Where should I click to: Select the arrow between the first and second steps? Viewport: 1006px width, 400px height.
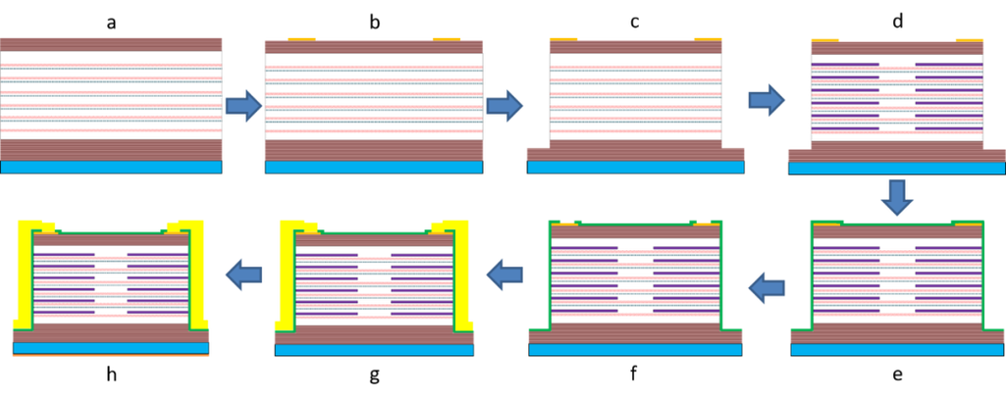coord(243,105)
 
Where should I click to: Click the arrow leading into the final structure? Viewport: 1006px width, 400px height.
coord(242,275)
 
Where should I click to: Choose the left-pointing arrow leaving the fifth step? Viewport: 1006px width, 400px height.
coord(766,287)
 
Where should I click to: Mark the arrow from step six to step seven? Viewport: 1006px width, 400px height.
coord(504,275)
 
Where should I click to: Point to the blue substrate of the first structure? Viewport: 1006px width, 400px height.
coord(111,168)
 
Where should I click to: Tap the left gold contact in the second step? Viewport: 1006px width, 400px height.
coord(301,37)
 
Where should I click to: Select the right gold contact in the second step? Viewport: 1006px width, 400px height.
coord(447,37)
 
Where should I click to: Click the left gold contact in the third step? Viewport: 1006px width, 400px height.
coord(564,37)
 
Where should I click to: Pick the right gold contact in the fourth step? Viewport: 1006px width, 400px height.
coord(969,38)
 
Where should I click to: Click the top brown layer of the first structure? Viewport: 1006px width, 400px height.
coord(111,43)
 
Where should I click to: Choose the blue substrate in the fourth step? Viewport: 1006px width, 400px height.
coord(895,168)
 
